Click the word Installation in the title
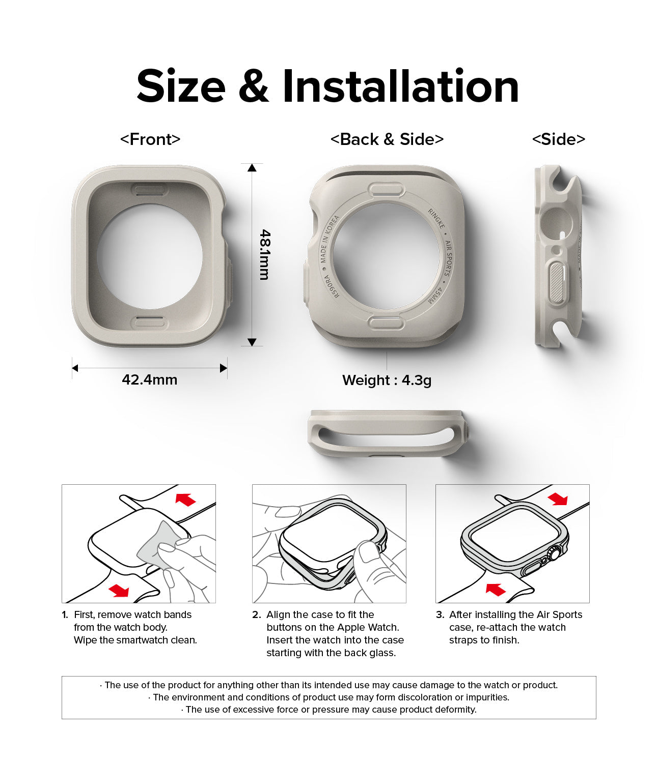[x=400, y=86]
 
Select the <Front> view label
[x=150, y=139]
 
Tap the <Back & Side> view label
[x=387, y=139]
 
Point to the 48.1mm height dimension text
[x=265, y=255]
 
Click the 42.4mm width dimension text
[x=150, y=379]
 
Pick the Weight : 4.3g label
[x=387, y=380]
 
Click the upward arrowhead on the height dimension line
[x=252, y=168]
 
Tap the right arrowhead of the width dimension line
[x=223, y=368]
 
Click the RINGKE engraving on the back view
[x=436, y=218]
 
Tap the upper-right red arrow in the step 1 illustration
[x=185, y=500]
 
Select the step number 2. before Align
[x=257, y=614]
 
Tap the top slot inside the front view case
[x=150, y=190]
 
